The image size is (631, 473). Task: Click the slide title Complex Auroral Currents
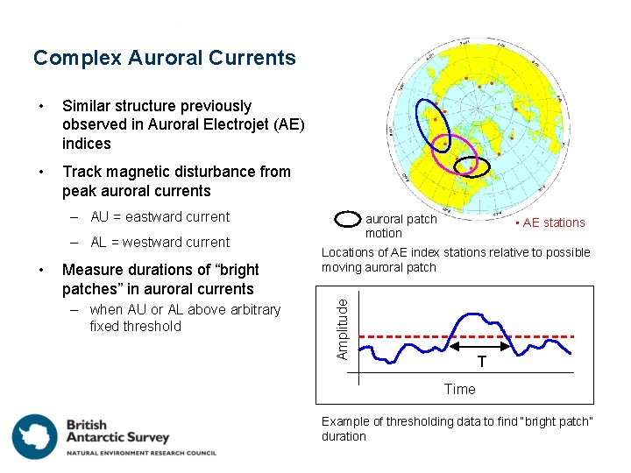point(165,59)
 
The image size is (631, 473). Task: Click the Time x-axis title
point(459,389)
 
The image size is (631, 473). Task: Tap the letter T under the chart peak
point(481,363)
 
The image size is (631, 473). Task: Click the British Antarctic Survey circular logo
point(34,435)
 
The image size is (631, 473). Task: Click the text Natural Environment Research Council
point(140,453)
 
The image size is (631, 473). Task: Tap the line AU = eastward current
point(160,217)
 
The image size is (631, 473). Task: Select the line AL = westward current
point(160,243)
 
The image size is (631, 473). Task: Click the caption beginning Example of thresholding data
point(457,428)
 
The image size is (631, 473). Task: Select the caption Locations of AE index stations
point(456,259)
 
